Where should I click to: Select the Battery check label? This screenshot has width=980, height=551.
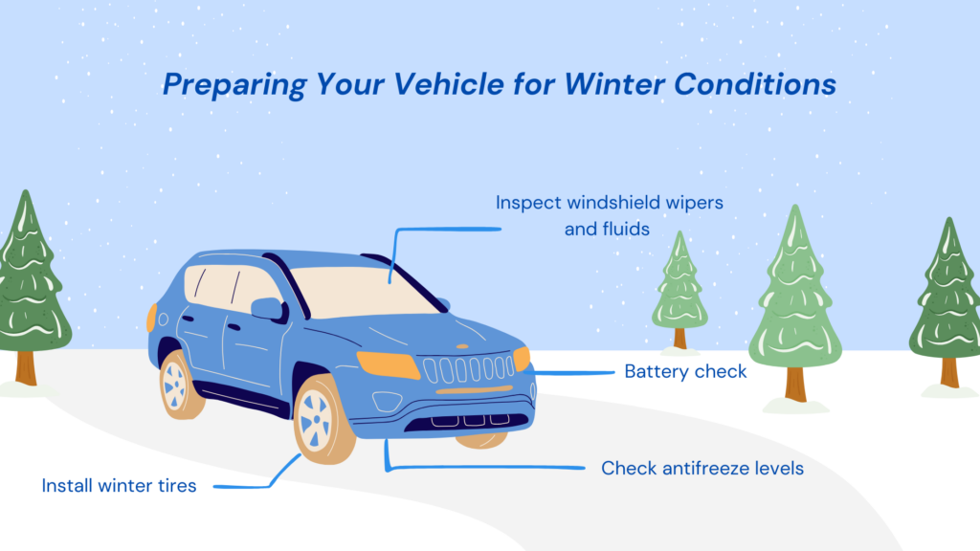(x=685, y=371)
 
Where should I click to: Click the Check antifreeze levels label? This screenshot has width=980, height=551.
(x=702, y=469)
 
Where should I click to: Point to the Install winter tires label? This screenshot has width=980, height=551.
(x=119, y=486)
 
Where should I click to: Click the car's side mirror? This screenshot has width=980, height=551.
(x=267, y=308)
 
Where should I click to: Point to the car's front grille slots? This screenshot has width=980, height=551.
(x=470, y=368)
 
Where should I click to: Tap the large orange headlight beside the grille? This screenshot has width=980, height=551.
(x=387, y=364)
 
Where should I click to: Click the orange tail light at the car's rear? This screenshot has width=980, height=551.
(x=151, y=317)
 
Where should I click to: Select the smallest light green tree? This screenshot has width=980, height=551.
(x=679, y=287)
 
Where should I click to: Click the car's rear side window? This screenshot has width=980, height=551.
(x=205, y=286)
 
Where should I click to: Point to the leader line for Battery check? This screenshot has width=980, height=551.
(x=574, y=372)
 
